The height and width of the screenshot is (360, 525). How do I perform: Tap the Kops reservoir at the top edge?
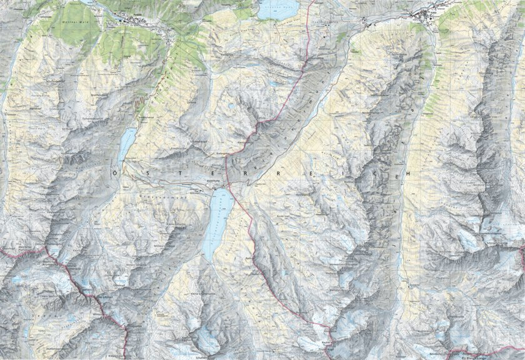pyautogui.click(x=279, y=9)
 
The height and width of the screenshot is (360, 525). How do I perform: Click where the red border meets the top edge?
pyautogui.click(x=313, y=1)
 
